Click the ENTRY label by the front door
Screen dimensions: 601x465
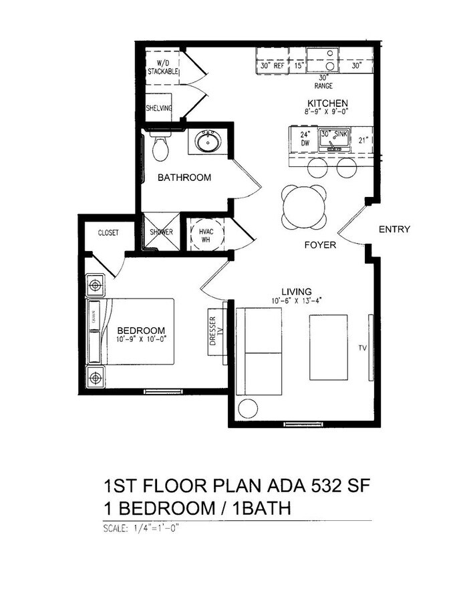(394, 230)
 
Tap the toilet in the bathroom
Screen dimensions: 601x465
(159, 148)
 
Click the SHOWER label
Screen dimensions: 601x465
(161, 232)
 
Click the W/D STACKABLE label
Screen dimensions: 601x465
(163, 67)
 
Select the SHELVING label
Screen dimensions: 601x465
(159, 108)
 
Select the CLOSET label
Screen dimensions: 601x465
(108, 233)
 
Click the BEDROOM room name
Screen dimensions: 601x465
(141, 331)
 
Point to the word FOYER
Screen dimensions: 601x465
(320, 245)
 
